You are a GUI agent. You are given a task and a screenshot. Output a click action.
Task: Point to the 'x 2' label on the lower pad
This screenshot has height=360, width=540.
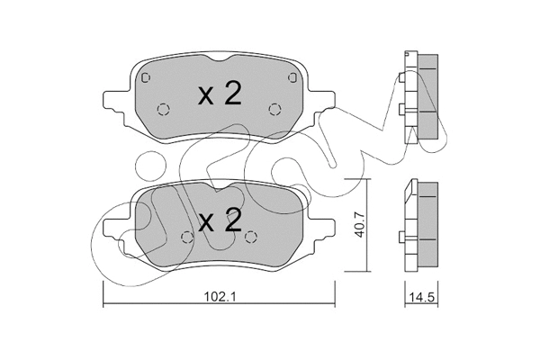[220, 221]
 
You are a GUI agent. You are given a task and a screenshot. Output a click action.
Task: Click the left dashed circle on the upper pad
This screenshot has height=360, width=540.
[164, 110]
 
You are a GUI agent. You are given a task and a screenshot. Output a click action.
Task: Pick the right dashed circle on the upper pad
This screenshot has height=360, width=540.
[275, 110]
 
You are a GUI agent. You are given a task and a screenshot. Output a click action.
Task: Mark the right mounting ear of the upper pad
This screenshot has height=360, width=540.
[321, 102]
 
